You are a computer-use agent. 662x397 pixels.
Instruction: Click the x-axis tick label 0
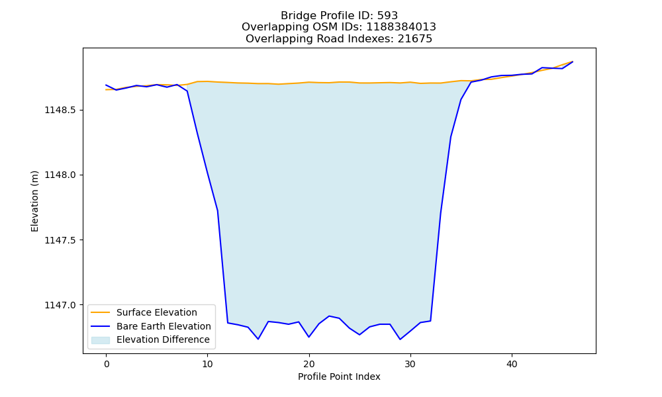[107, 364]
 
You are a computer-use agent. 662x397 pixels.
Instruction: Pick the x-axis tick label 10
[208, 364]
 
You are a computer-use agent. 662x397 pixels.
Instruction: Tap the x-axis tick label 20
[309, 364]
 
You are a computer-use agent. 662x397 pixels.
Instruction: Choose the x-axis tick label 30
[410, 364]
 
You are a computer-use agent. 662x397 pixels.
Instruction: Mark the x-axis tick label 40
[512, 364]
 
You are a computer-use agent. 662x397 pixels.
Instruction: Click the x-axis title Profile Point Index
[339, 376]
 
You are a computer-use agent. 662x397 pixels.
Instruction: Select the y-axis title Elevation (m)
[34, 201]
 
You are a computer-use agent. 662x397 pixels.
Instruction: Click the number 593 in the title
[387, 16]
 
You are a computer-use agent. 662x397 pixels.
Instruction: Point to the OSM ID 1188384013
[401, 27]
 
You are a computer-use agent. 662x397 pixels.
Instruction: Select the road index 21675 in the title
[415, 39]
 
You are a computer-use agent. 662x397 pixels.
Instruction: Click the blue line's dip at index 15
[258, 339]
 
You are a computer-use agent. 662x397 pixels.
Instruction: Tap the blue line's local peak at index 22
[329, 316]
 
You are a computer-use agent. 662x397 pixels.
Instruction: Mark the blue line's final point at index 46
[573, 62]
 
